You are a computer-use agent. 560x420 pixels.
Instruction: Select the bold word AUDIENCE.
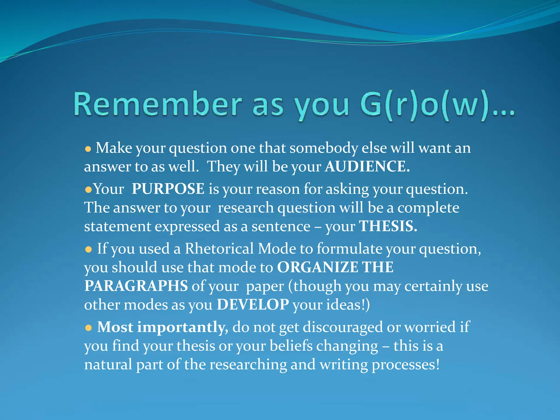tap(367, 166)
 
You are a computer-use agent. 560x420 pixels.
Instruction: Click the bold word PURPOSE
tap(168, 189)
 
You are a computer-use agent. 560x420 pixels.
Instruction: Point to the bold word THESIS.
tap(388, 226)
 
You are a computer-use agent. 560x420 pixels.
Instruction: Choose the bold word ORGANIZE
tap(317, 267)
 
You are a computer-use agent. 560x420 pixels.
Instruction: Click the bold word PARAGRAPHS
tap(136, 286)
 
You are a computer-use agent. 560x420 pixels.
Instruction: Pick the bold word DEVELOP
tap(253, 304)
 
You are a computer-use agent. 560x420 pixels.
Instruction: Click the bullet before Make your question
tap(88, 149)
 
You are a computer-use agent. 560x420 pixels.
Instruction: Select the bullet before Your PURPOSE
tap(88, 189)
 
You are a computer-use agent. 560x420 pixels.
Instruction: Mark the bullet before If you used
tap(88, 250)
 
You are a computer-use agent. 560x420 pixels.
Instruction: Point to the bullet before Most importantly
tap(88, 328)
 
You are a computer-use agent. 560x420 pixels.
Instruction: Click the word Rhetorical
tap(219, 249)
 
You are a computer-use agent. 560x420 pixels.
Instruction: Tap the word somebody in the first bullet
tap(324, 148)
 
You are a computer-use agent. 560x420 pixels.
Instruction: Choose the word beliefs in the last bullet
tap(291, 346)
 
